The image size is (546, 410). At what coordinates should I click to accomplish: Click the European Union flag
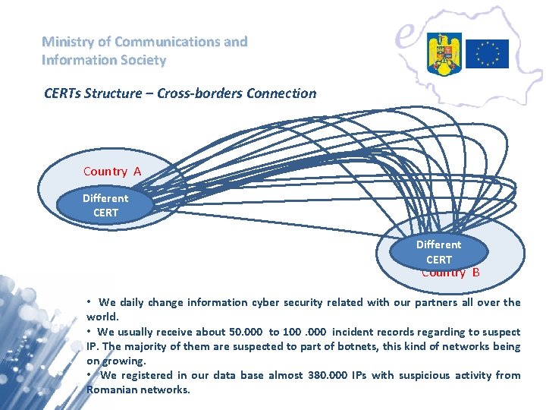487,54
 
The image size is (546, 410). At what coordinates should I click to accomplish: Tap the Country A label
112,172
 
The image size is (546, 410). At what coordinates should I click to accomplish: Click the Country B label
450,273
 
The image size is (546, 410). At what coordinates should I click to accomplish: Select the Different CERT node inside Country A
105,206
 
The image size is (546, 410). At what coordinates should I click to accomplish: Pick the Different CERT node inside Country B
438,252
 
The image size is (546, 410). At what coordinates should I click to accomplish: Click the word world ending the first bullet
102,317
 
